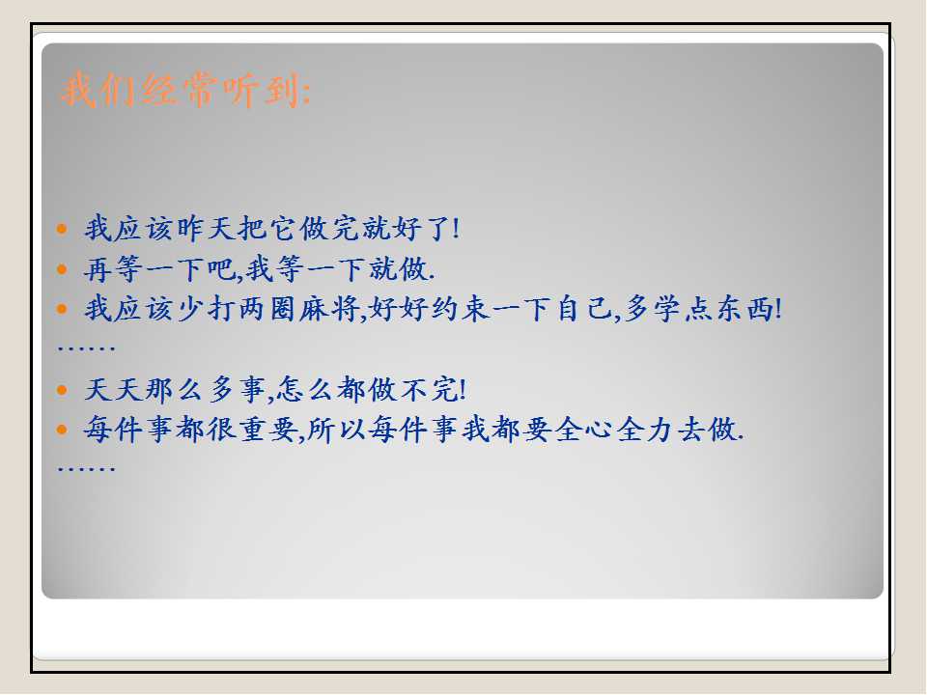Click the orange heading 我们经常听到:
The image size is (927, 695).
(185, 90)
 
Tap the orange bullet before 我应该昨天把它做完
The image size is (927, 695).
(62, 229)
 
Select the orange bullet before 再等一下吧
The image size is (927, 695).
(62, 269)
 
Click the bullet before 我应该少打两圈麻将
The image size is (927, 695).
(62, 309)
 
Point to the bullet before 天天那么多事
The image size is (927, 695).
(62, 390)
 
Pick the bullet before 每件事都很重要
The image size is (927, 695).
(62, 430)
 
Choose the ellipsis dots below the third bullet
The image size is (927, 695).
(86, 348)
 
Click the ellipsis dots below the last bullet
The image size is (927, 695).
(86, 469)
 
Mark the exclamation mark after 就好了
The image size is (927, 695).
(456, 228)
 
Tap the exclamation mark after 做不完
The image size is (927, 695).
(463, 389)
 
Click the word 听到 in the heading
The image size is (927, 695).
(261, 90)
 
